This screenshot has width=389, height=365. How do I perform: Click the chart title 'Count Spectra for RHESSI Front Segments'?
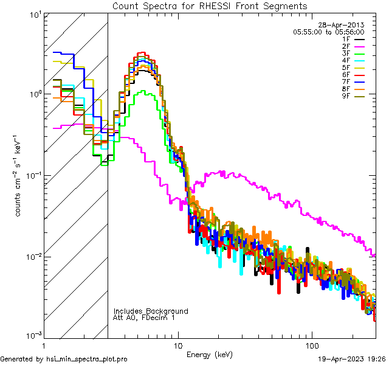pos(210,5)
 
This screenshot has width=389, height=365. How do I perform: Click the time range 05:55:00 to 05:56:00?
pos(328,32)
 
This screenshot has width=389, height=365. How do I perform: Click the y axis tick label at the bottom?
pos(32,335)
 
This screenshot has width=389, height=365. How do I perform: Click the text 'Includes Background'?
pos(151,311)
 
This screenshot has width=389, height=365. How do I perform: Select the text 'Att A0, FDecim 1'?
pos(144,318)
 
